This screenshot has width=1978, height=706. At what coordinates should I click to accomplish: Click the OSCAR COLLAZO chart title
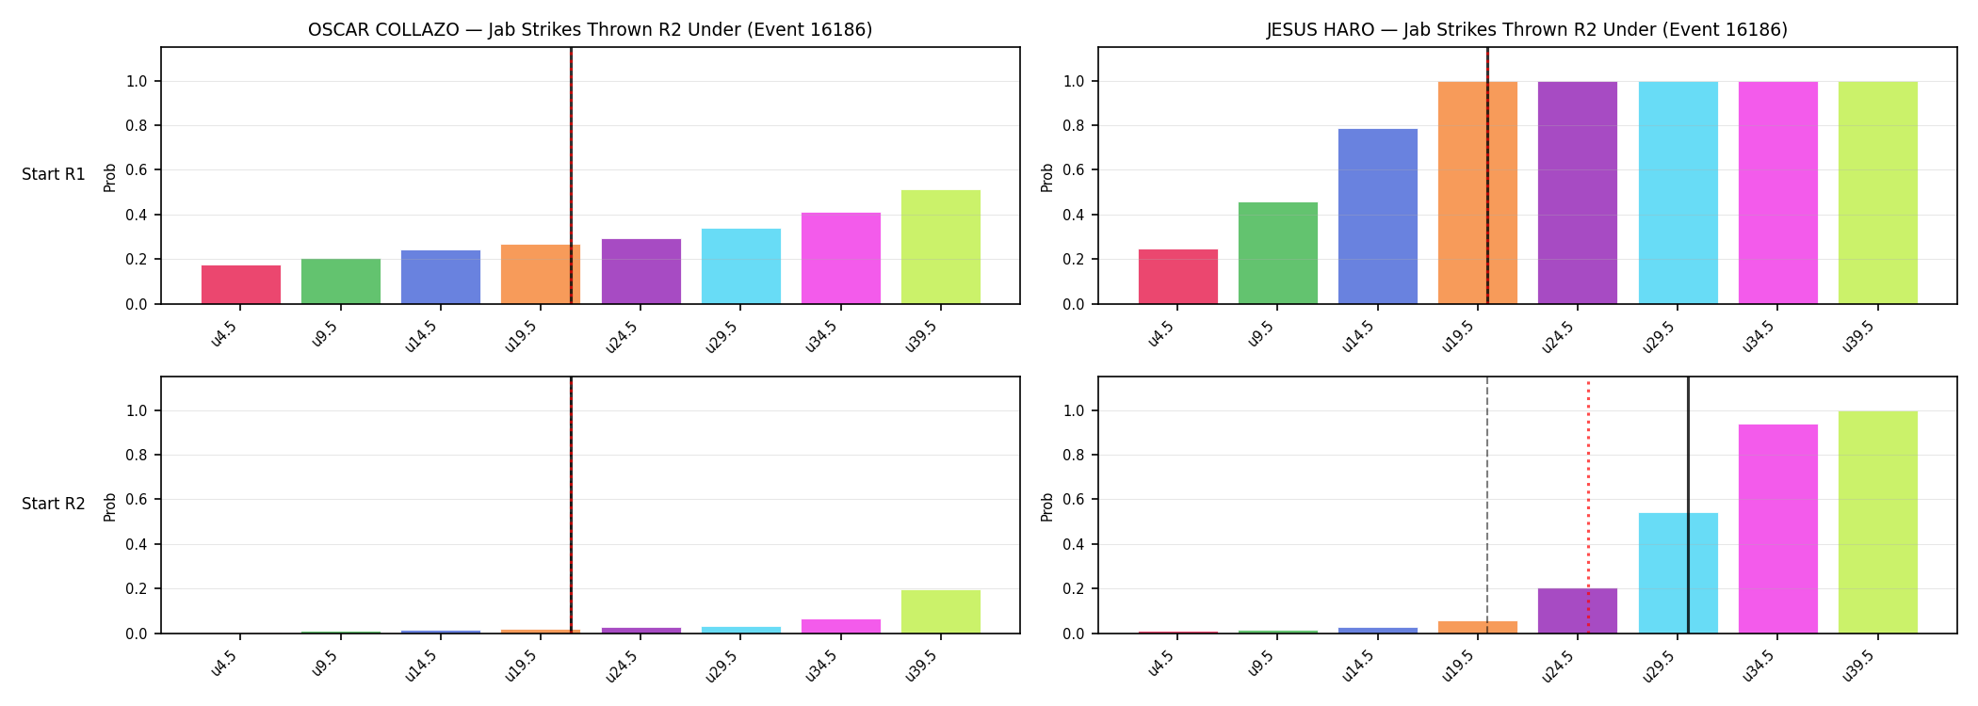[590, 30]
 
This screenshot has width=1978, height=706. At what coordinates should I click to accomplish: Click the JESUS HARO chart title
[1527, 30]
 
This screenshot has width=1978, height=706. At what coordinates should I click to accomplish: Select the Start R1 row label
[54, 174]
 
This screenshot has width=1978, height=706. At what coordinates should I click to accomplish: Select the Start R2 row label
[54, 504]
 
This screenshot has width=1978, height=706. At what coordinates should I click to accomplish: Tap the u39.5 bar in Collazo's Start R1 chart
[941, 247]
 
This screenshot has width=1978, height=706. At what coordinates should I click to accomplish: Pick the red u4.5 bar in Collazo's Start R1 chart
[241, 284]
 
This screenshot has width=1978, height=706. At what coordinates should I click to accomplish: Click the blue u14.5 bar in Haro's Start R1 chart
[1378, 217]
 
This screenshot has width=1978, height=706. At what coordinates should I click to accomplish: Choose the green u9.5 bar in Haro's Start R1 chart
[1278, 253]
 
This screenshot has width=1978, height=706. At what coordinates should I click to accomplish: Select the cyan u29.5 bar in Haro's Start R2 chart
[1678, 573]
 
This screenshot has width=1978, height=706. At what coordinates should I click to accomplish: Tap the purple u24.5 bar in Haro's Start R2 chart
[1578, 611]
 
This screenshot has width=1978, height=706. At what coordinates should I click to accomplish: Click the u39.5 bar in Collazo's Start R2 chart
[941, 612]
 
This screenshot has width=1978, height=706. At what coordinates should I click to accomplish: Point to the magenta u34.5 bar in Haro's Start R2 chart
[1778, 529]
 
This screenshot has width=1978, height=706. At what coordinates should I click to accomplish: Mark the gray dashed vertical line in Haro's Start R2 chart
[1487, 505]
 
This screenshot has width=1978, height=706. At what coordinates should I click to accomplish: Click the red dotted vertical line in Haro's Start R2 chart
[1588, 505]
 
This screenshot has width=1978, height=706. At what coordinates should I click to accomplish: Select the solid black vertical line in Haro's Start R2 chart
[1688, 505]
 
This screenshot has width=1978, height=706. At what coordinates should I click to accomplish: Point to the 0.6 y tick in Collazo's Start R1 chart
[136, 170]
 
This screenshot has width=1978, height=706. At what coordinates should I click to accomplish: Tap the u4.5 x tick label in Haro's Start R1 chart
[1161, 334]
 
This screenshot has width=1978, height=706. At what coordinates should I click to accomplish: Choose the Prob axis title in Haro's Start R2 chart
[1047, 506]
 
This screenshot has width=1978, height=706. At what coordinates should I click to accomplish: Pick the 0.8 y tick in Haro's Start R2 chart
[1073, 456]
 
